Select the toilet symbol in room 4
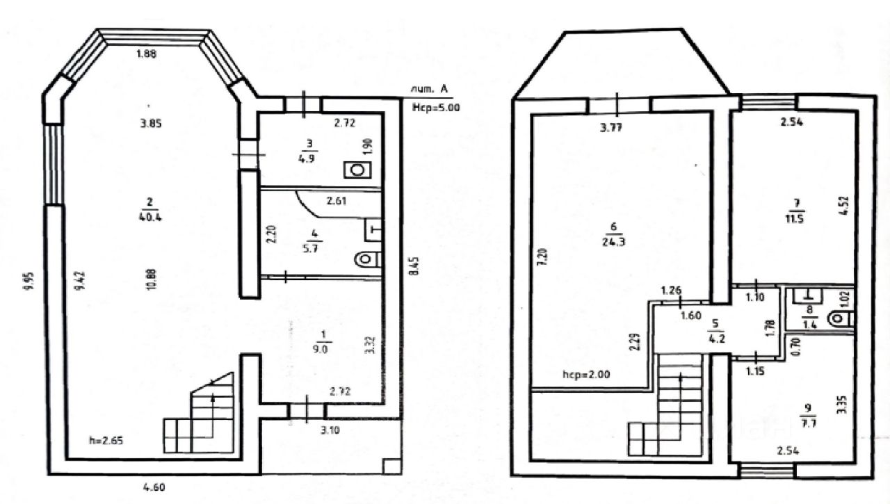367,259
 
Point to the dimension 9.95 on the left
26,281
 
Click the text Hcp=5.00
437,108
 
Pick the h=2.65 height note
105,440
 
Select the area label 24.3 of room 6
613,242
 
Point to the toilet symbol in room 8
839,319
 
